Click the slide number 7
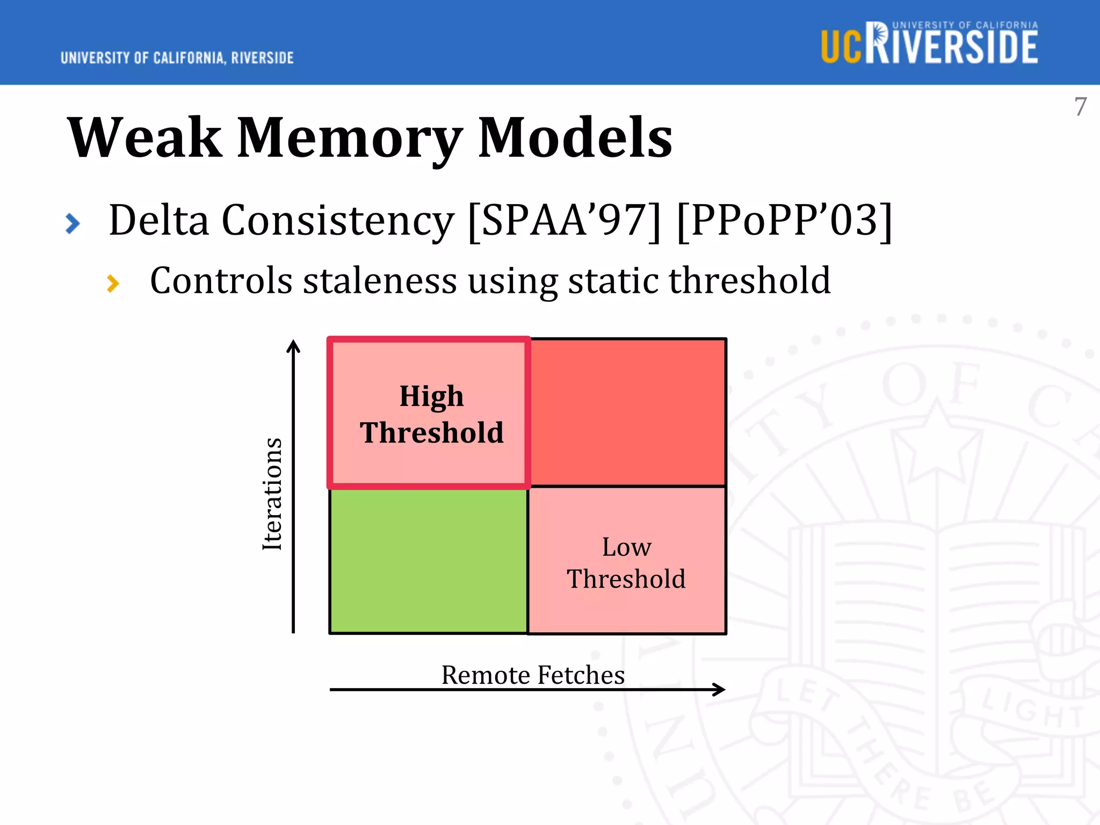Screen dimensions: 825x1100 1080,106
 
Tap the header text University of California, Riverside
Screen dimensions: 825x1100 177,58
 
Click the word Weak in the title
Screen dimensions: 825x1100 144,138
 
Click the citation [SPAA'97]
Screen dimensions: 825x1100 564,220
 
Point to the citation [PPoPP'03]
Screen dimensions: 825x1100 784,220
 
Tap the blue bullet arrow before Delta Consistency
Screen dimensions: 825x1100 73,223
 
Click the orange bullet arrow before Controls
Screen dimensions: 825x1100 113,283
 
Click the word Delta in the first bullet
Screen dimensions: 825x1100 158,220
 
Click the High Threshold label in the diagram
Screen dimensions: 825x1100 431,414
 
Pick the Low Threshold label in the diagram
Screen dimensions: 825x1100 626,562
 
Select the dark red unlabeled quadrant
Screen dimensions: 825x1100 627,412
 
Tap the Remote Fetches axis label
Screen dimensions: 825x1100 533,675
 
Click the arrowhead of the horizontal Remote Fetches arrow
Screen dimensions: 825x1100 720,689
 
